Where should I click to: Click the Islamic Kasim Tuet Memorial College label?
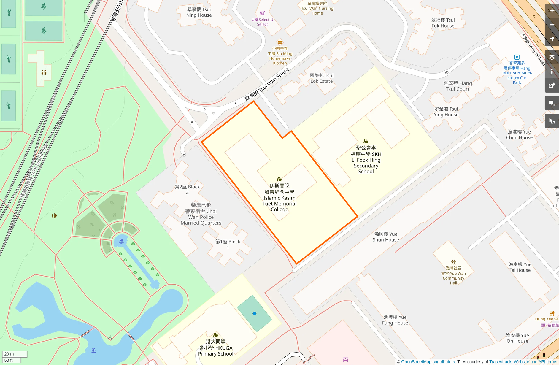(279, 198)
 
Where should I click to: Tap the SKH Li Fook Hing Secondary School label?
(366, 160)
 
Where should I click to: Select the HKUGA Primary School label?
(216, 347)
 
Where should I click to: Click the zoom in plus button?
(552, 11)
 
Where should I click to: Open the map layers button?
(552, 57)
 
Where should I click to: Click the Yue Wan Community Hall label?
(453, 276)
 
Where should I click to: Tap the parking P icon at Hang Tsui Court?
(517, 57)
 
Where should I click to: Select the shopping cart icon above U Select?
(262, 13)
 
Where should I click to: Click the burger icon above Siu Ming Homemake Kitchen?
(280, 42)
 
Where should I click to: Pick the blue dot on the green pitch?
(254, 313)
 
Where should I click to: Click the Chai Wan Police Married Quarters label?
(201, 214)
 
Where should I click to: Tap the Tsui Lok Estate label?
(322, 78)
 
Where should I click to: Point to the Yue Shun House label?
(386, 237)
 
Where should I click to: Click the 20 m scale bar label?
(9, 354)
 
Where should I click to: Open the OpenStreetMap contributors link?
(428, 362)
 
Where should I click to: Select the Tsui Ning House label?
(199, 12)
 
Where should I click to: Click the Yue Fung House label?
(395, 320)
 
